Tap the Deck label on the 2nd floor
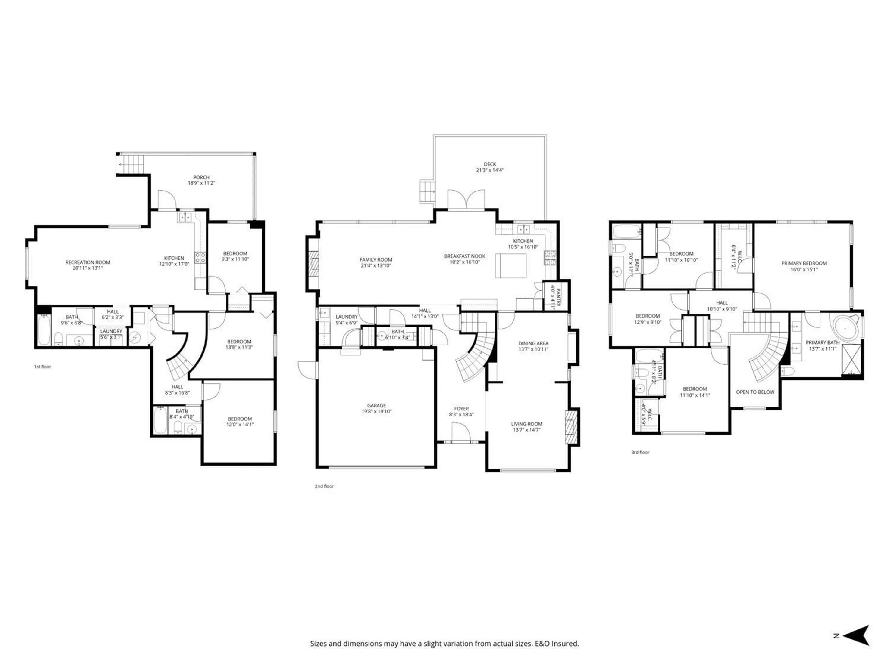point(489,164)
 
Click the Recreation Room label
point(88,262)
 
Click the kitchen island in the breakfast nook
point(510,266)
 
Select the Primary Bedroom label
point(804,263)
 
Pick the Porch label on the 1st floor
point(201,177)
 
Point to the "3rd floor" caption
point(640,452)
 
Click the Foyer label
point(461,409)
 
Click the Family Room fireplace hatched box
point(313,265)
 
